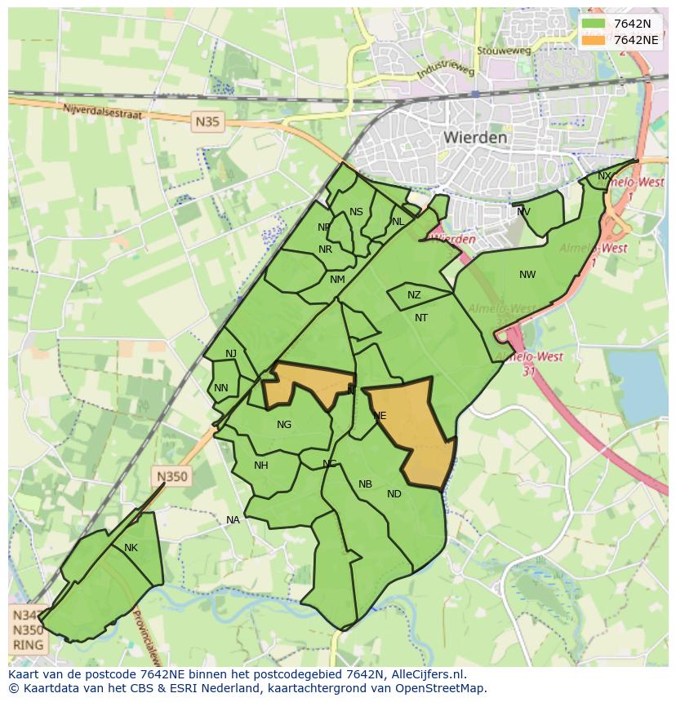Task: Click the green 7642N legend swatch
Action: [594, 24]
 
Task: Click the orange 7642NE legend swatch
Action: [594, 40]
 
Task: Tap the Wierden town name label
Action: [475, 138]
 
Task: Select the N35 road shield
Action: [207, 122]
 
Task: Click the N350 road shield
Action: [172, 477]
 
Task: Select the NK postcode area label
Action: [131, 548]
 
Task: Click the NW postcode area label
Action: [527, 275]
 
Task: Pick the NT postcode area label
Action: [421, 318]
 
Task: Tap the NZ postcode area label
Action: [414, 295]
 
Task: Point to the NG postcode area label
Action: [284, 425]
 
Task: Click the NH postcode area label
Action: [261, 466]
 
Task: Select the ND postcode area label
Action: [394, 494]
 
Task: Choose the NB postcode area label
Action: [365, 484]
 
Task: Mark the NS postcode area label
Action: [356, 212]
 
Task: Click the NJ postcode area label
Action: [231, 353]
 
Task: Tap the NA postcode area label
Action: [233, 520]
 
